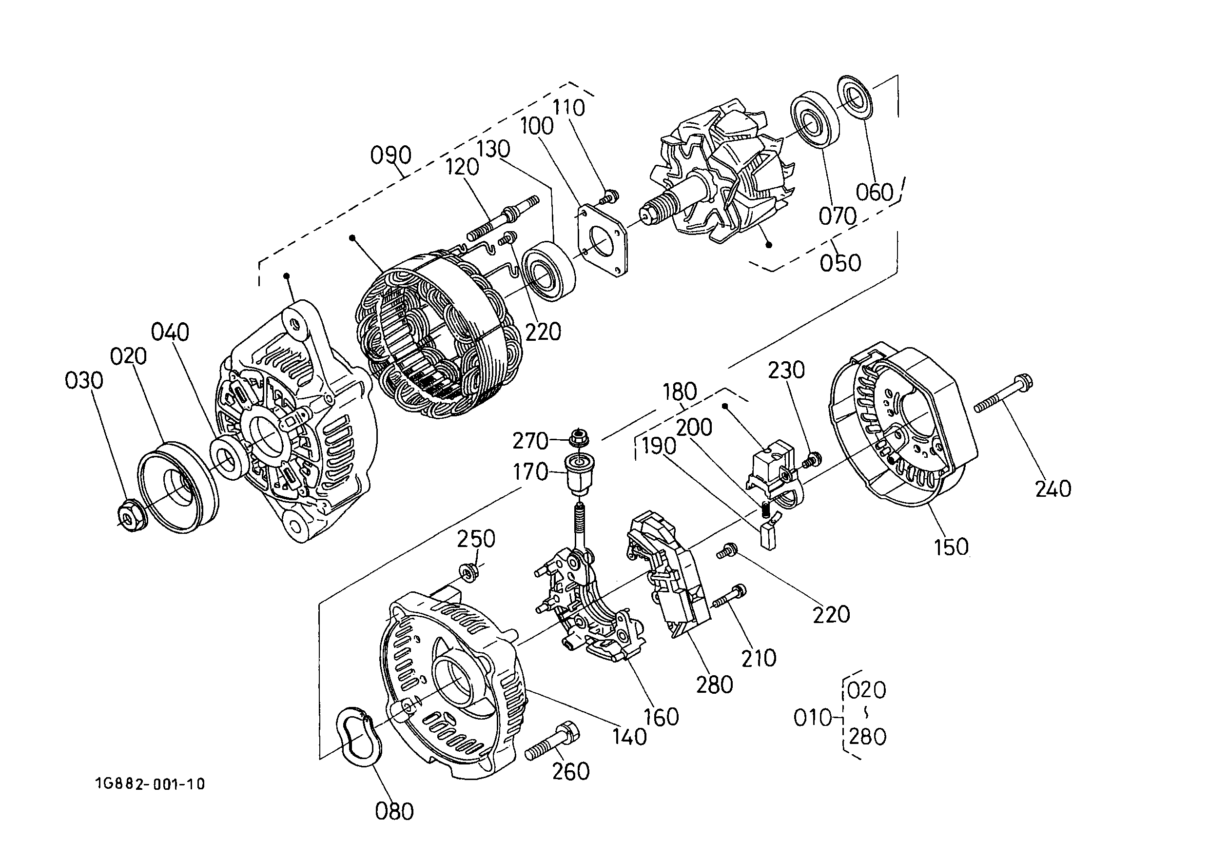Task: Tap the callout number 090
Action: tap(390, 155)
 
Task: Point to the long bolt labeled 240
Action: tap(1004, 394)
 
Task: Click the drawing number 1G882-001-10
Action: tap(150, 784)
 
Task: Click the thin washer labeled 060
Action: tap(853, 98)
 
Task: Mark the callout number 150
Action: tap(951, 547)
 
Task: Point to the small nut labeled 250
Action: tap(467, 572)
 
